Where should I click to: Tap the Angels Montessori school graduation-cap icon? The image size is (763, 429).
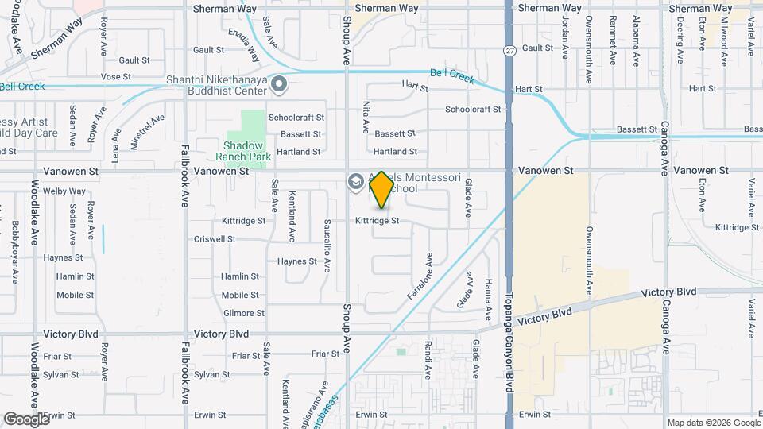click(x=355, y=183)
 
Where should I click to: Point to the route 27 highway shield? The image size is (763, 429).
click(x=508, y=50)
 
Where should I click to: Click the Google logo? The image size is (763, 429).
click(x=26, y=419)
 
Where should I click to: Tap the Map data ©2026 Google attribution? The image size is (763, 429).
click(x=713, y=423)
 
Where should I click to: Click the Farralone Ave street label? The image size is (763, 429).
click(x=419, y=276)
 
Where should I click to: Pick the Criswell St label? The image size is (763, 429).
click(x=215, y=239)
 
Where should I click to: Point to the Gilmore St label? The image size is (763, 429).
click(x=243, y=314)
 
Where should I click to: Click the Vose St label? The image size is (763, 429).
click(x=115, y=77)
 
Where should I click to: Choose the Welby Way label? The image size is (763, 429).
click(x=64, y=191)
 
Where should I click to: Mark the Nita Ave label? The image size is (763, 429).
click(x=366, y=116)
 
